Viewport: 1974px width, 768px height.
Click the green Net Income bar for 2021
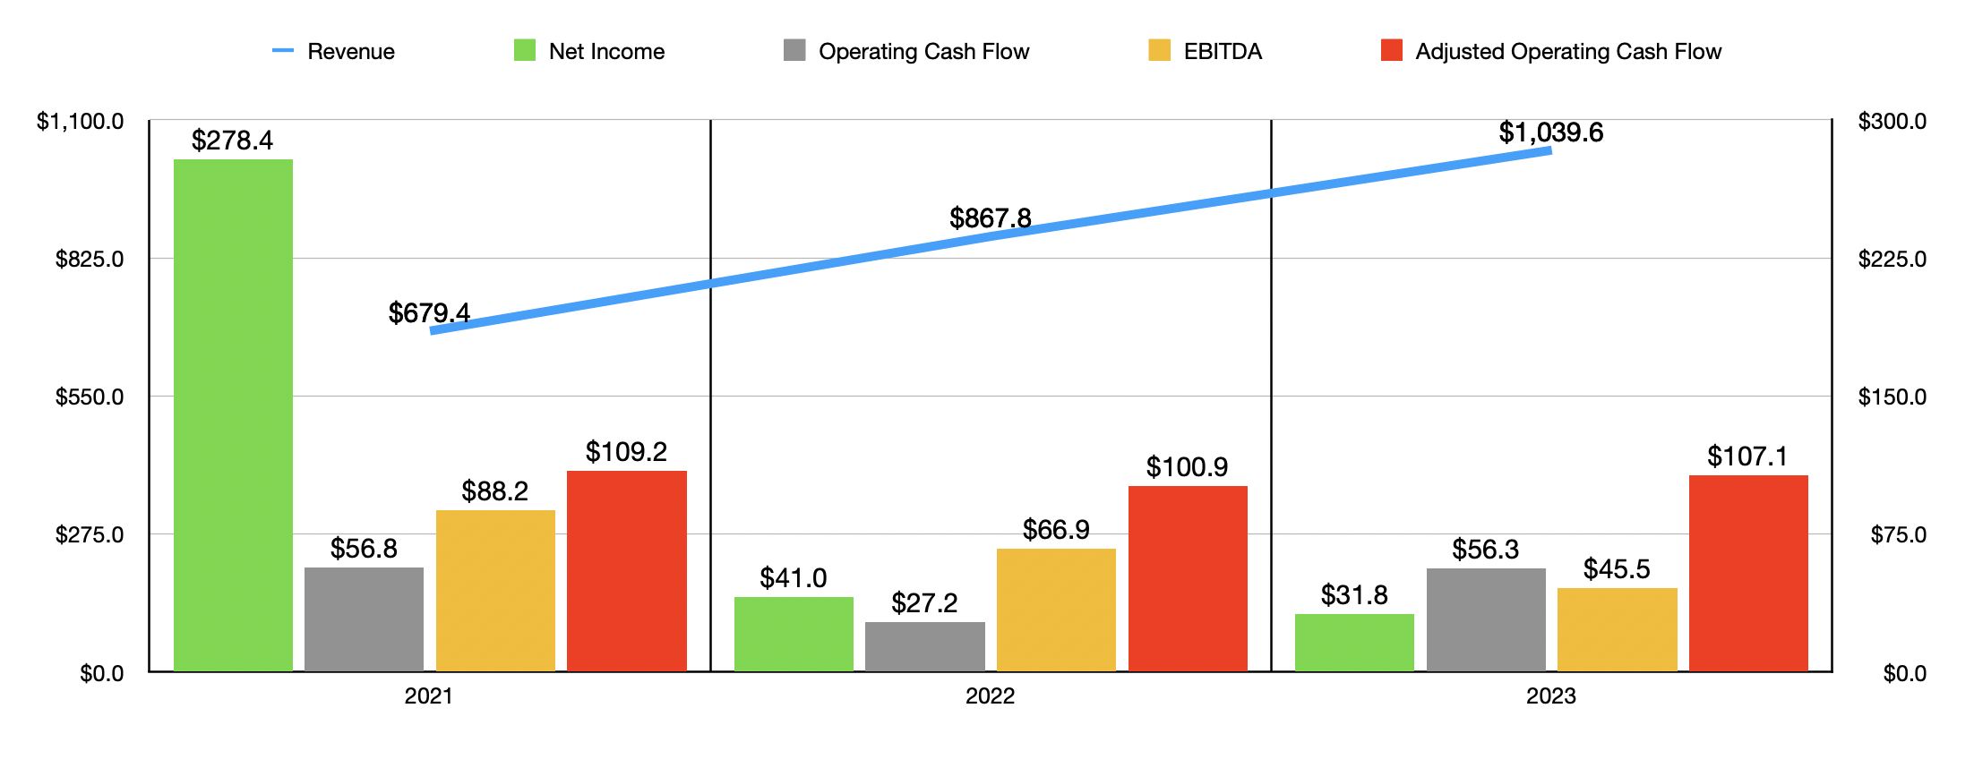point(233,415)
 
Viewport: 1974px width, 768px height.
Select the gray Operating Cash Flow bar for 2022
point(924,646)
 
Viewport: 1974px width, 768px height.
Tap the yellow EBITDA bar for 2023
point(1617,629)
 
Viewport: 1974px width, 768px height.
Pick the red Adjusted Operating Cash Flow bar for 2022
point(1188,578)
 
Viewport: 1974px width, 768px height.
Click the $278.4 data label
point(232,141)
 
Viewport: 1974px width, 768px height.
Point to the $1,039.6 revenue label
point(1551,132)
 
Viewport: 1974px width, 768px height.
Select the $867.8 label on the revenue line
point(991,218)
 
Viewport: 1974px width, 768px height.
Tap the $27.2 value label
point(924,603)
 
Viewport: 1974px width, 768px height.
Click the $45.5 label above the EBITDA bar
point(1617,569)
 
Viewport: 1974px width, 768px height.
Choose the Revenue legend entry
point(334,51)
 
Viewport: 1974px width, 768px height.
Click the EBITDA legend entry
point(1206,51)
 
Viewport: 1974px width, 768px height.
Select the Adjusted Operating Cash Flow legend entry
point(1551,51)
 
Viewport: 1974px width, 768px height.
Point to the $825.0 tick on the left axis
point(90,260)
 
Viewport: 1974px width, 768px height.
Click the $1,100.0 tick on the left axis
point(81,121)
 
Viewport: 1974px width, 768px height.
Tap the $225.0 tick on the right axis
point(1892,260)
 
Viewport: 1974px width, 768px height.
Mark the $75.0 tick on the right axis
point(1898,535)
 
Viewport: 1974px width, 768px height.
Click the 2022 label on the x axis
point(990,696)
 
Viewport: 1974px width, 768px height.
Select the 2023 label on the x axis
point(1550,696)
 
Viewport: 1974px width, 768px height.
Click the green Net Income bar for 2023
point(1354,643)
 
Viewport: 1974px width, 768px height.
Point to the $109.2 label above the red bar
point(626,452)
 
